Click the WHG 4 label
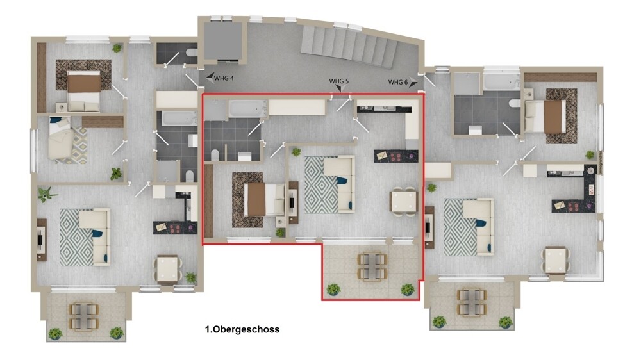pos(224,78)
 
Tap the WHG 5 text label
pos(339,81)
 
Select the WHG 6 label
pos(398,82)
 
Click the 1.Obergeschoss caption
pos(242,330)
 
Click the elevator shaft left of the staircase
pos(222,42)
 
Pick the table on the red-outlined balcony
pos(372,266)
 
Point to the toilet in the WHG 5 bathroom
pos(215,155)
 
